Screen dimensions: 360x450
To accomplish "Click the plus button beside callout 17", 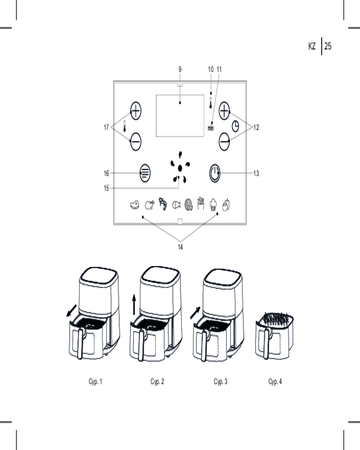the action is tap(135, 111).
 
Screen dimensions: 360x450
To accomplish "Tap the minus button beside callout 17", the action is tap(135, 141).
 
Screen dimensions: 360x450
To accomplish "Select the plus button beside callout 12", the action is tap(224, 111).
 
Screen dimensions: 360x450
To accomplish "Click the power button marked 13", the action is tap(215, 173).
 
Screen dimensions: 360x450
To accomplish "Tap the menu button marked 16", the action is tap(145, 173).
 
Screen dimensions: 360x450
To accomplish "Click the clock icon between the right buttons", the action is tap(235, 126).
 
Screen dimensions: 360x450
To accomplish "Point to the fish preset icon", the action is tap(176, 205).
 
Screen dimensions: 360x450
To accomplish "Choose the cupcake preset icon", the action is tap(213, 205).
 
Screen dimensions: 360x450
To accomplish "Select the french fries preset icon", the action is tap(201, 203).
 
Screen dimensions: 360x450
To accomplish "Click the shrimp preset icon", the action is tap(163, 204).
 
